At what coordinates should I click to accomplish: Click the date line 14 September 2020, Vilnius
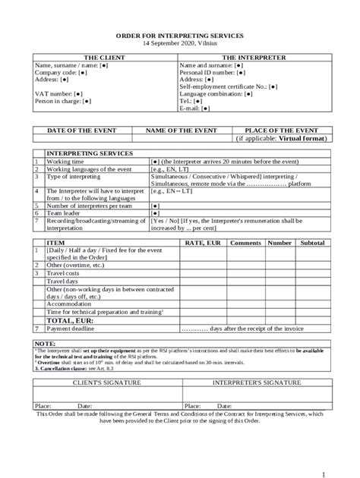coord(179,45)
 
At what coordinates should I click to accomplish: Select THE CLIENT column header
coord(103,58)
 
